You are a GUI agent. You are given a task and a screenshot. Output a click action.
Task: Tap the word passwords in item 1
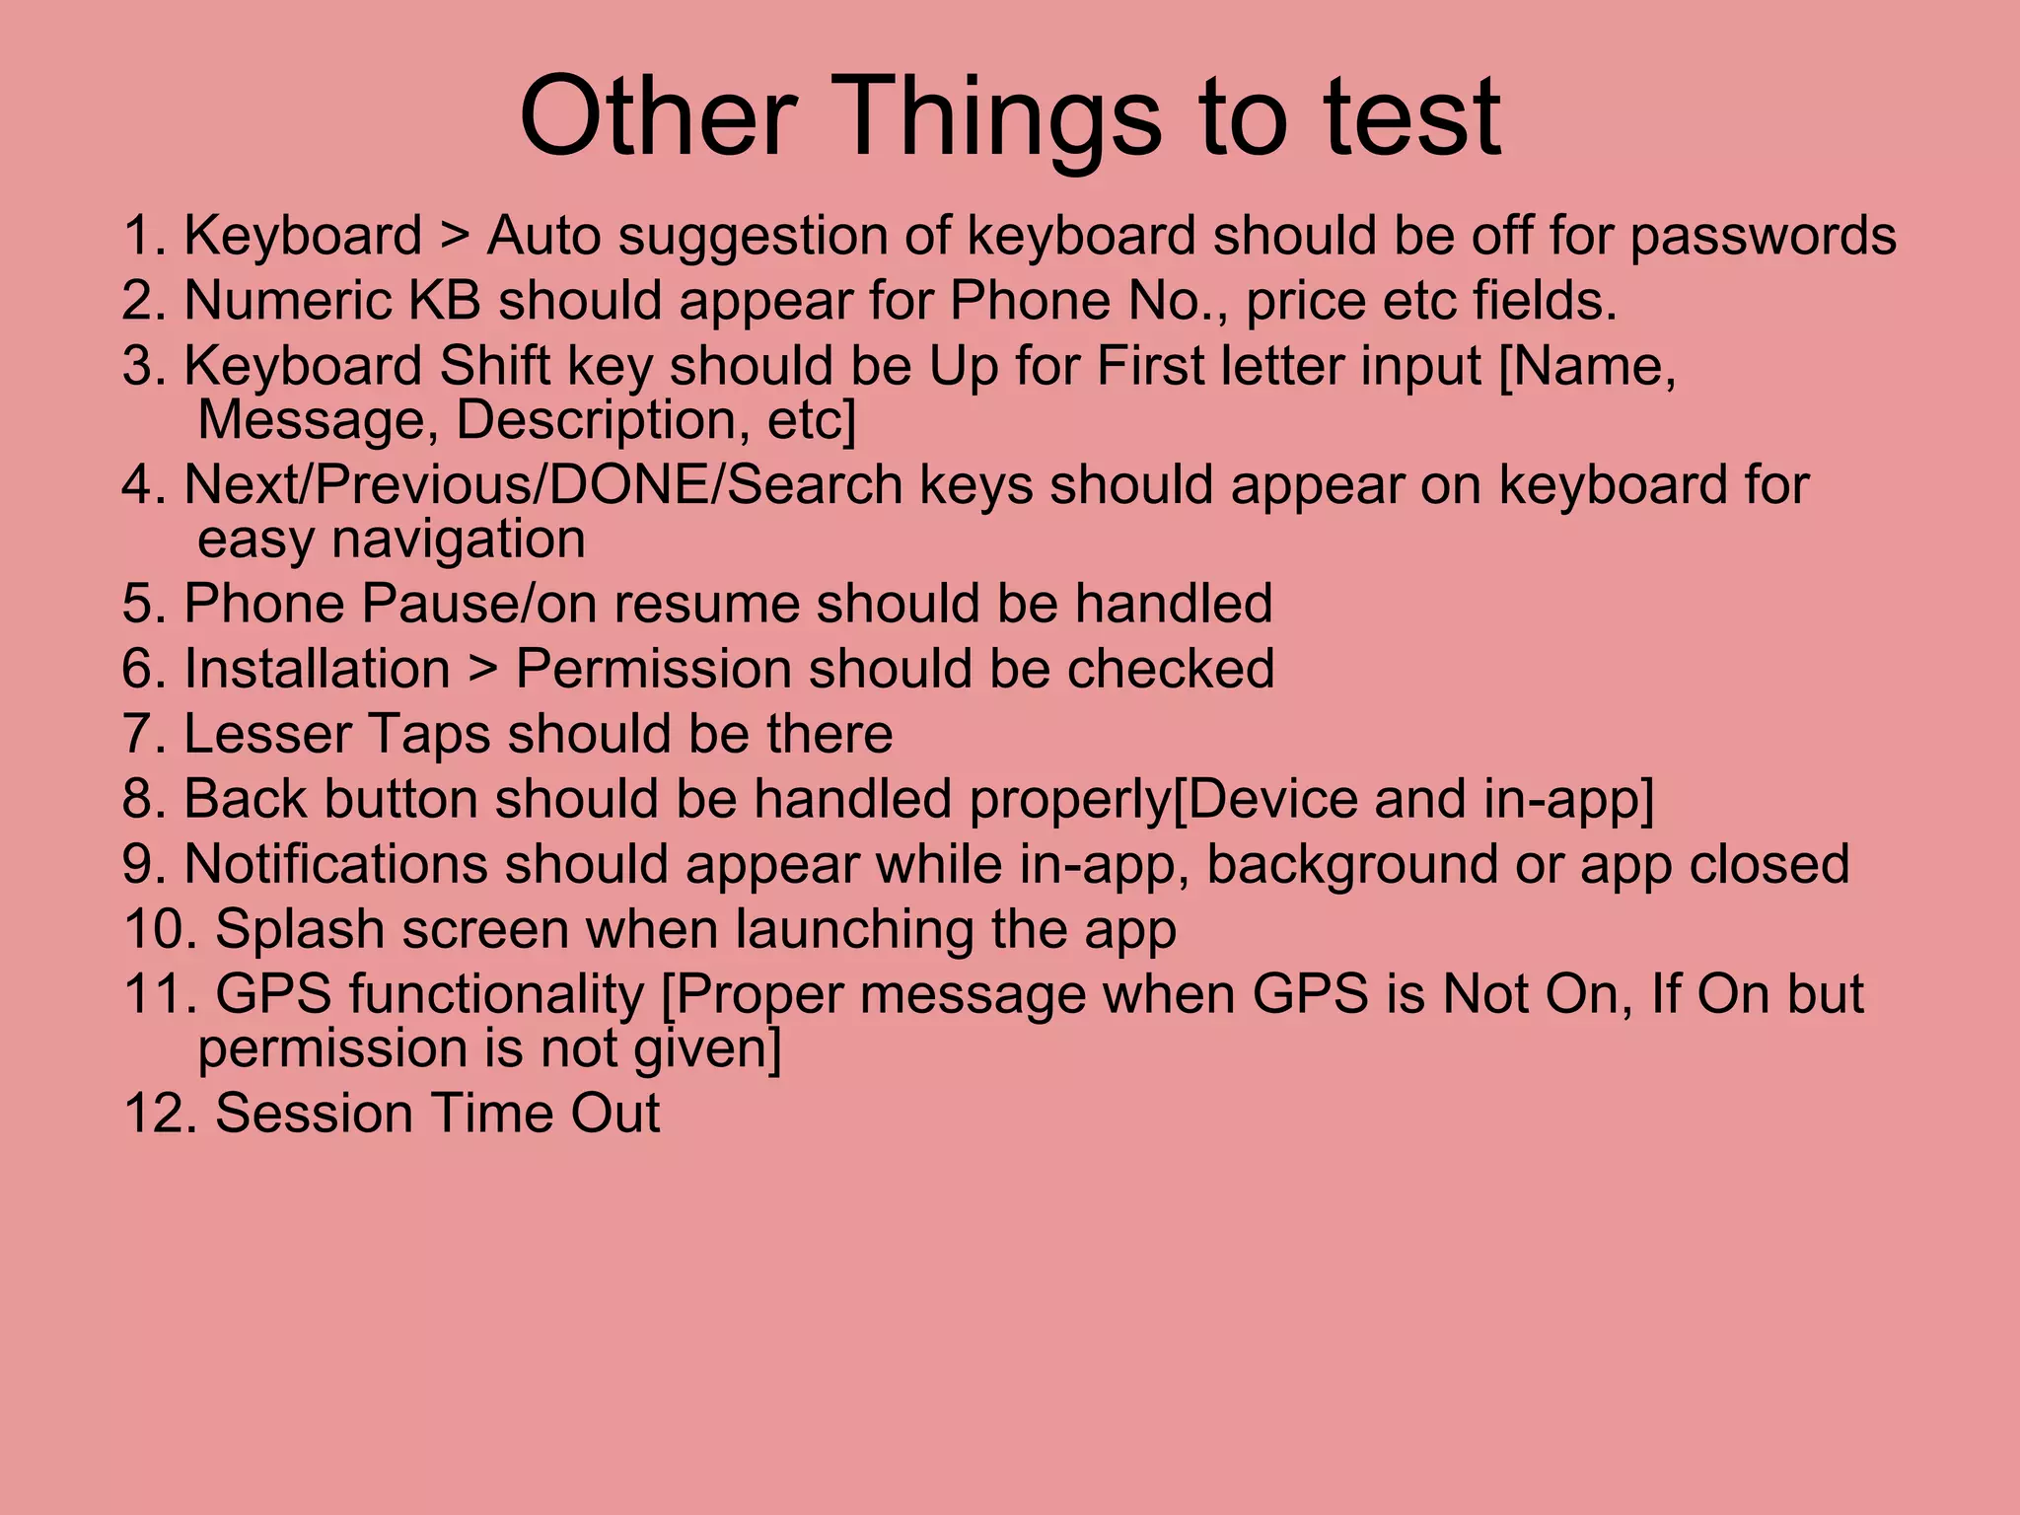point(1763,237)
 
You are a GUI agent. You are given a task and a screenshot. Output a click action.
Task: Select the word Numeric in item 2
point(287,301)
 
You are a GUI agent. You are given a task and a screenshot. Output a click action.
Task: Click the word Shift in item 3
point(494,366)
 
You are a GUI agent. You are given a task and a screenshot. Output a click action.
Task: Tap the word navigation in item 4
point(458,540)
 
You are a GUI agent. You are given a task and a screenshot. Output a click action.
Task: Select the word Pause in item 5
point(443,604)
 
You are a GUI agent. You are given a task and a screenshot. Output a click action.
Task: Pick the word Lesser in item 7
point(267,734)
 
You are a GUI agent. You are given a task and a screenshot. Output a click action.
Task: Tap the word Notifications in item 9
point(335,864)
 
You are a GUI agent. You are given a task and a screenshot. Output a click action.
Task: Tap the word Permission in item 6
point(653,669)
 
